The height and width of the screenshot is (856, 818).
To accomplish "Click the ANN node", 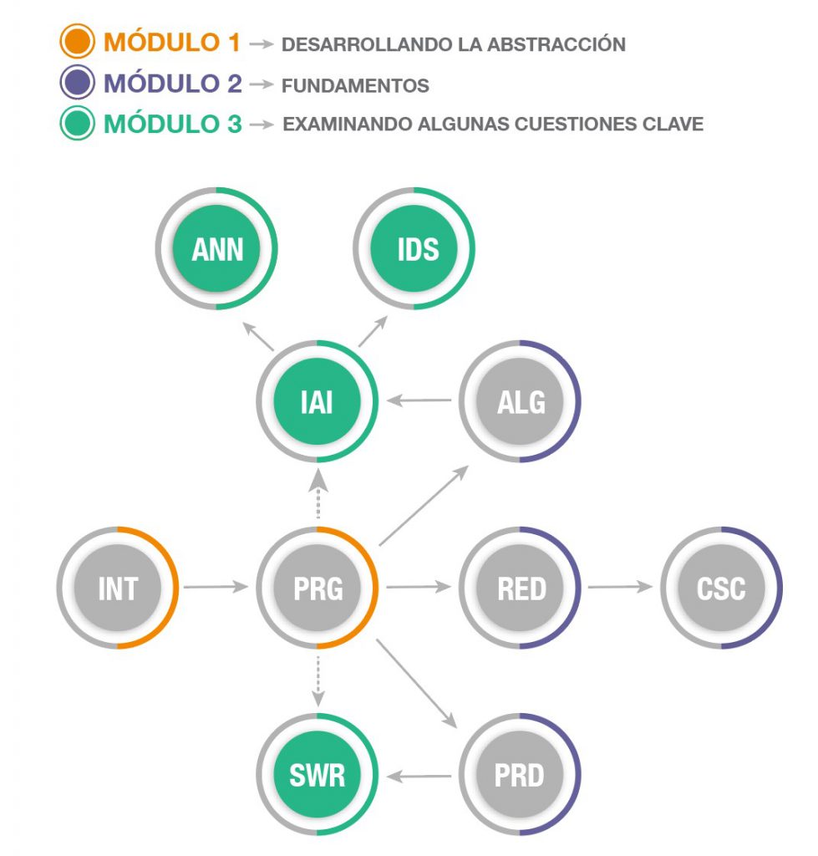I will pyautogui.click(x=217, y=249).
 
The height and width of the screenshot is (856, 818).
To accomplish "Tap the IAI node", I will pyautogui.click(x=318, y=402).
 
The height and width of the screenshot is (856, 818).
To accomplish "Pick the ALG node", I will pyautogui.click(x=520, y=402).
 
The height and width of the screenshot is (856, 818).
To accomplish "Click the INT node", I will pyautogui.click(x=117, y=588).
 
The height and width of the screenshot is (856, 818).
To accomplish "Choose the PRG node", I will pyautogui.click(x=318, y=588).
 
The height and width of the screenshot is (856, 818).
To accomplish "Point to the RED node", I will pyautogui.click(x=520, y=588).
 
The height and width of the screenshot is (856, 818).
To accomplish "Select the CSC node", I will pyautogui.click(x=721, y=588).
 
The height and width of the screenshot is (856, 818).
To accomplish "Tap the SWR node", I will pyautogui.click(x=318, y=775).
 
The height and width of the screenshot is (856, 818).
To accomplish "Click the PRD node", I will pyautogui.click(x=520, y=775).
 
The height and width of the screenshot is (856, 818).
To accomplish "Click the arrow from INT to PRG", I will pyautogui.click(x=216, y=588).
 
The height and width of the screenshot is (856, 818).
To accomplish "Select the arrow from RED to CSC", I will pyautogui.click(x=619, y=588).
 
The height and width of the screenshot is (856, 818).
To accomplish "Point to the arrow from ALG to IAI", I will pyautogui.click(x=419, y=402).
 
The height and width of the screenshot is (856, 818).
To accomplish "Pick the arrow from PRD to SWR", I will pyautogui.click(x=419, y=777).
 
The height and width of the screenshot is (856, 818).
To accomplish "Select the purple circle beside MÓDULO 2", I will pyautogui.click(x=77, y=84).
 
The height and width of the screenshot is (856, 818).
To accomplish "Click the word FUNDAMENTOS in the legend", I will pyautogui.click(x=356, y=85).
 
